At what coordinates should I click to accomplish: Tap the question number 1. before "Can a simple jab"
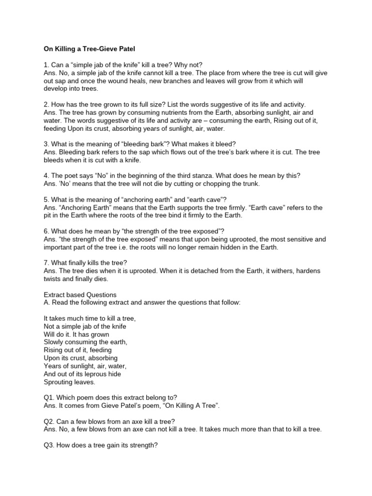46,65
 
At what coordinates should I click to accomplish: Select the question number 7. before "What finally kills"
46,263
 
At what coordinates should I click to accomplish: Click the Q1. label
49,397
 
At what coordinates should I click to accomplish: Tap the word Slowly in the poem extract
54,342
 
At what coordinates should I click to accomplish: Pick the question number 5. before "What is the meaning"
46,200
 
